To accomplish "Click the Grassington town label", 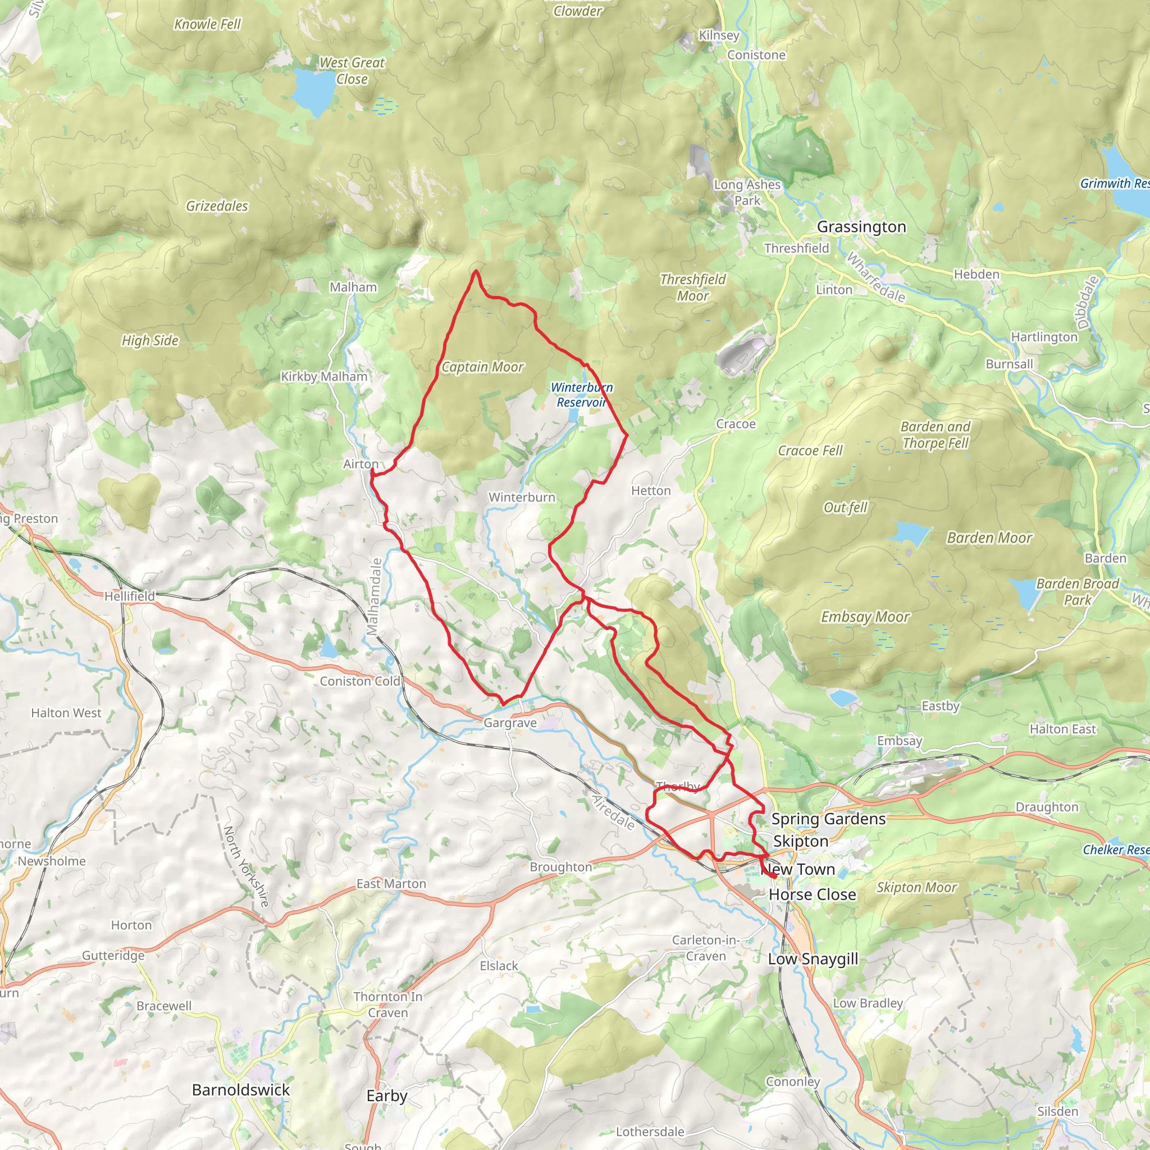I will [861, 227].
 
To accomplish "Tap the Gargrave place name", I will [510, 723].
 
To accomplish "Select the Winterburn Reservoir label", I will [582, 395].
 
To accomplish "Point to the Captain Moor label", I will [482, 367].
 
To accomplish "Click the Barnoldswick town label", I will [240, 1090].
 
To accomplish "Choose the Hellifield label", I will [130, 596].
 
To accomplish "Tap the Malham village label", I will [354, 287].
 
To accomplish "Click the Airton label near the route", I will [360, 464].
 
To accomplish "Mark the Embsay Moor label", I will [865, 617].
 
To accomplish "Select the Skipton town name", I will [801, 841].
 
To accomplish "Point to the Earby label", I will [387, 1096].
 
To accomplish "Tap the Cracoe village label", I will [736, 424].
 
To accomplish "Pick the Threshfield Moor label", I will [693, 287].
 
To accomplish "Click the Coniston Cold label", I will [360, 681].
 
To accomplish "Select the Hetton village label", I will [651, 490].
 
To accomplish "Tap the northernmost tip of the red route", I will [476, 272].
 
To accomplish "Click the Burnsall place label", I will [1010, 364].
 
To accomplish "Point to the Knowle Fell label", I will [207, 24].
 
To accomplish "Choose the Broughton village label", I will [561, 866].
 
